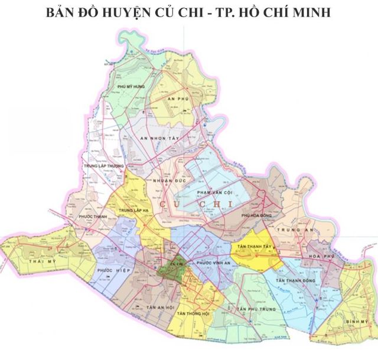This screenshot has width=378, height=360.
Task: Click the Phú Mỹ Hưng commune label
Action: tap(131, 87)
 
